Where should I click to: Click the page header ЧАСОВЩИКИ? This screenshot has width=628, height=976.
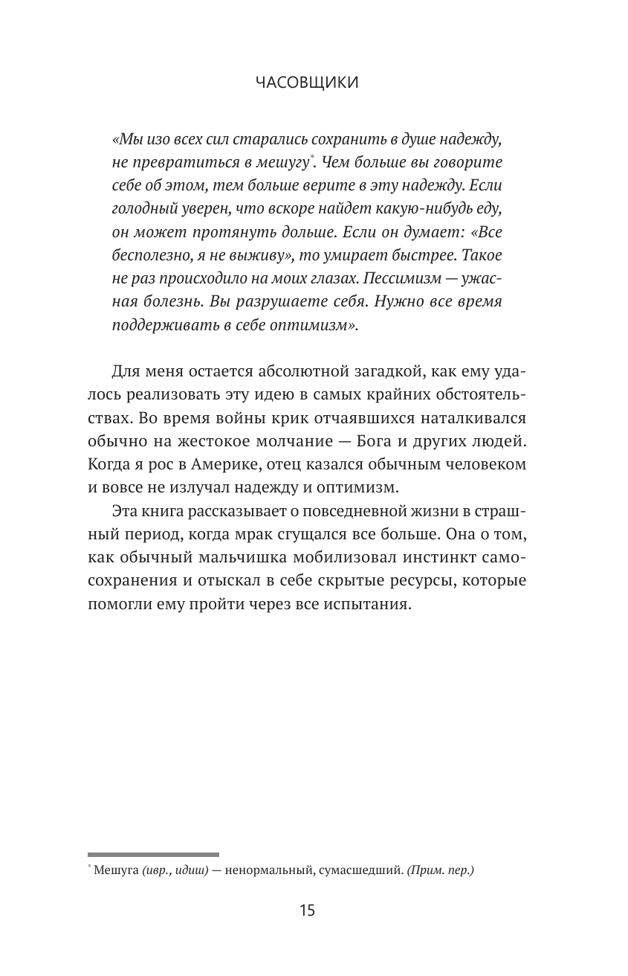point(307,83)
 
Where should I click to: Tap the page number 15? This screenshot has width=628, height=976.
point(307,910)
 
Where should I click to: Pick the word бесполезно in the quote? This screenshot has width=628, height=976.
point(148,255)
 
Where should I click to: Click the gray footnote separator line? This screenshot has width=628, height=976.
point(153,855)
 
